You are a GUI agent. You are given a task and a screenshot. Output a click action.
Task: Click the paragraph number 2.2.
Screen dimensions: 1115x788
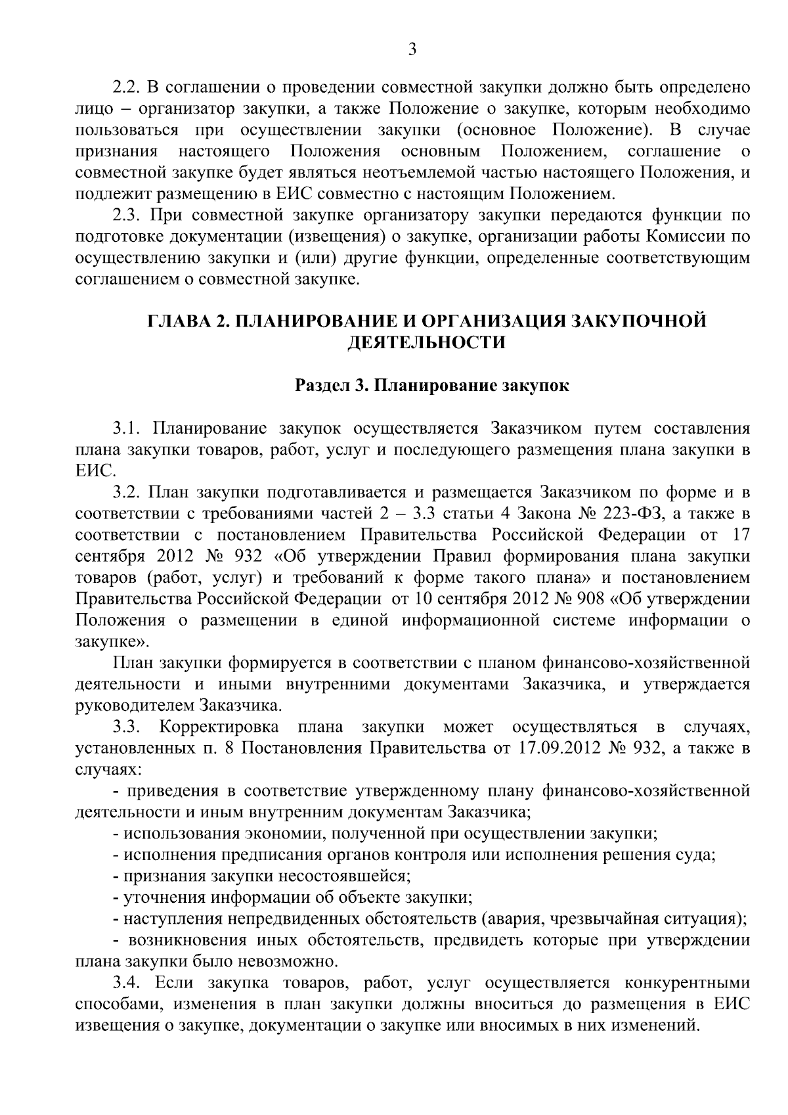coord(124,87)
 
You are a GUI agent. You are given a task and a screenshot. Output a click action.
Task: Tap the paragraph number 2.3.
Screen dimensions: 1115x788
coord(124,216)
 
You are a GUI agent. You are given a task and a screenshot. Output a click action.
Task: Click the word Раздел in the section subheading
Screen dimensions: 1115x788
coord(320,386)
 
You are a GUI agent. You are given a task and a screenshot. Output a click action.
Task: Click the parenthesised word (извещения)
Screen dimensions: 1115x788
coord(343,237)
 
